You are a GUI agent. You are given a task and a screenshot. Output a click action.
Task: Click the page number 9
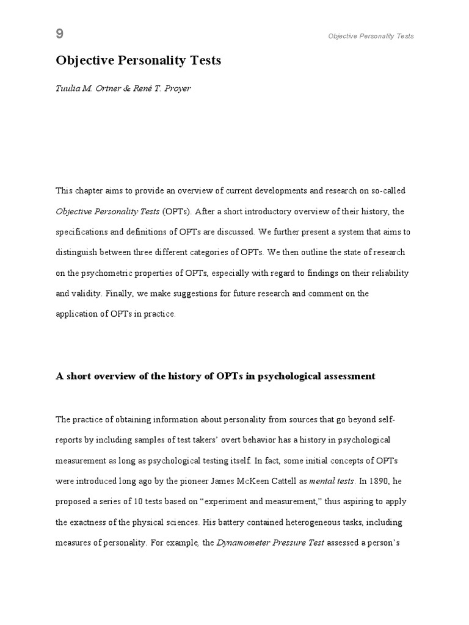coord(60,34)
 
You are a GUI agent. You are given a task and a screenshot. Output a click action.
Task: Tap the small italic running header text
coord(371,36)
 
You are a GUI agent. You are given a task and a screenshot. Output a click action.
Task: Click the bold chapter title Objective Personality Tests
coord(138,60)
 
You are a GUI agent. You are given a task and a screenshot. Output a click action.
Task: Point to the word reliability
coord(388,273)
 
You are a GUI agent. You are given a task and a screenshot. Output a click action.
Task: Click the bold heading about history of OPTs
coord(215,376)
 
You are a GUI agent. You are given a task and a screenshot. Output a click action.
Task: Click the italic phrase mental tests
coord(332,480)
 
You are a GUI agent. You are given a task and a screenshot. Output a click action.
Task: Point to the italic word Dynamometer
coord(242,543)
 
